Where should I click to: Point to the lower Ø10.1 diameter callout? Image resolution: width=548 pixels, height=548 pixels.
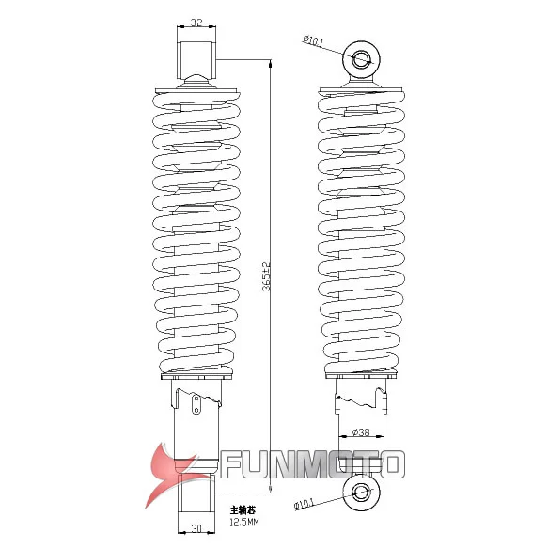point(307,505)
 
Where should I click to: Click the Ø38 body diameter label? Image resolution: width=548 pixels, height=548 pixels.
point(360,432)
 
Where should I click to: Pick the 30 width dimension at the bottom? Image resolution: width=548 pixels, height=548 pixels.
point(196,528)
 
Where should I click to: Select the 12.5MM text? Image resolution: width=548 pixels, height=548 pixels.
point(244,522)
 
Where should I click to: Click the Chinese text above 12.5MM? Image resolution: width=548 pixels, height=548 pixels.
point(243,509)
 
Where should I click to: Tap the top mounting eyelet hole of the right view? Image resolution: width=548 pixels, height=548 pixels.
point(362,59)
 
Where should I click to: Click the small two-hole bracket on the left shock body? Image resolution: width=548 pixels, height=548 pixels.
point(196,405)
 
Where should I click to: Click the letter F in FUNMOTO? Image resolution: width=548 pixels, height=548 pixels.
point(232,463)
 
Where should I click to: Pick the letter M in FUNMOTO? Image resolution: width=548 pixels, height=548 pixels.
point(312,463)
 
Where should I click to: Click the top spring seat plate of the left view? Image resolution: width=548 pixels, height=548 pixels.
point(196,91)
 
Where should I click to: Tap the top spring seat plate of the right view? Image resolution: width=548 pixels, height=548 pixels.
point(362,91)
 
